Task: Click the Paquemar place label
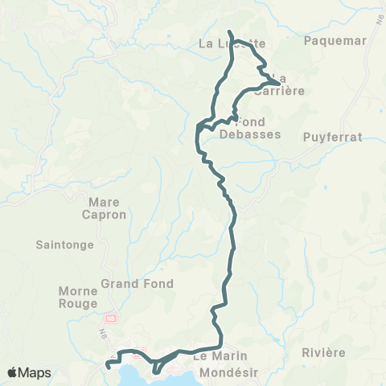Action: pyautogui.click(x=336, y=40)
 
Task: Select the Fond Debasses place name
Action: pyautogui.click(x=250, y=128)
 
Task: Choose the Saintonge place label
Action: pyautogui.click(x=65, y=244)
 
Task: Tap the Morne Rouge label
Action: pyautogui.click(x=78, y=297)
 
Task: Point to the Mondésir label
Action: pyautogui.click(x=231, y=372)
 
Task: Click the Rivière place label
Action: pyautogui.click(x=324, y=353)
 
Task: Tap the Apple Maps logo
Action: pyautogui.click(x=29, y=372)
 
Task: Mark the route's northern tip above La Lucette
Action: pyautogui.click(x=230, y=32)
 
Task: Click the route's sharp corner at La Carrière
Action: pyautogui.click(x=279, y=83)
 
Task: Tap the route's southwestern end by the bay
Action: pyautogui.click(x=108, y=367)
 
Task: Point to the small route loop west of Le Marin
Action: pyautogui.click(x=158, y=366)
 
